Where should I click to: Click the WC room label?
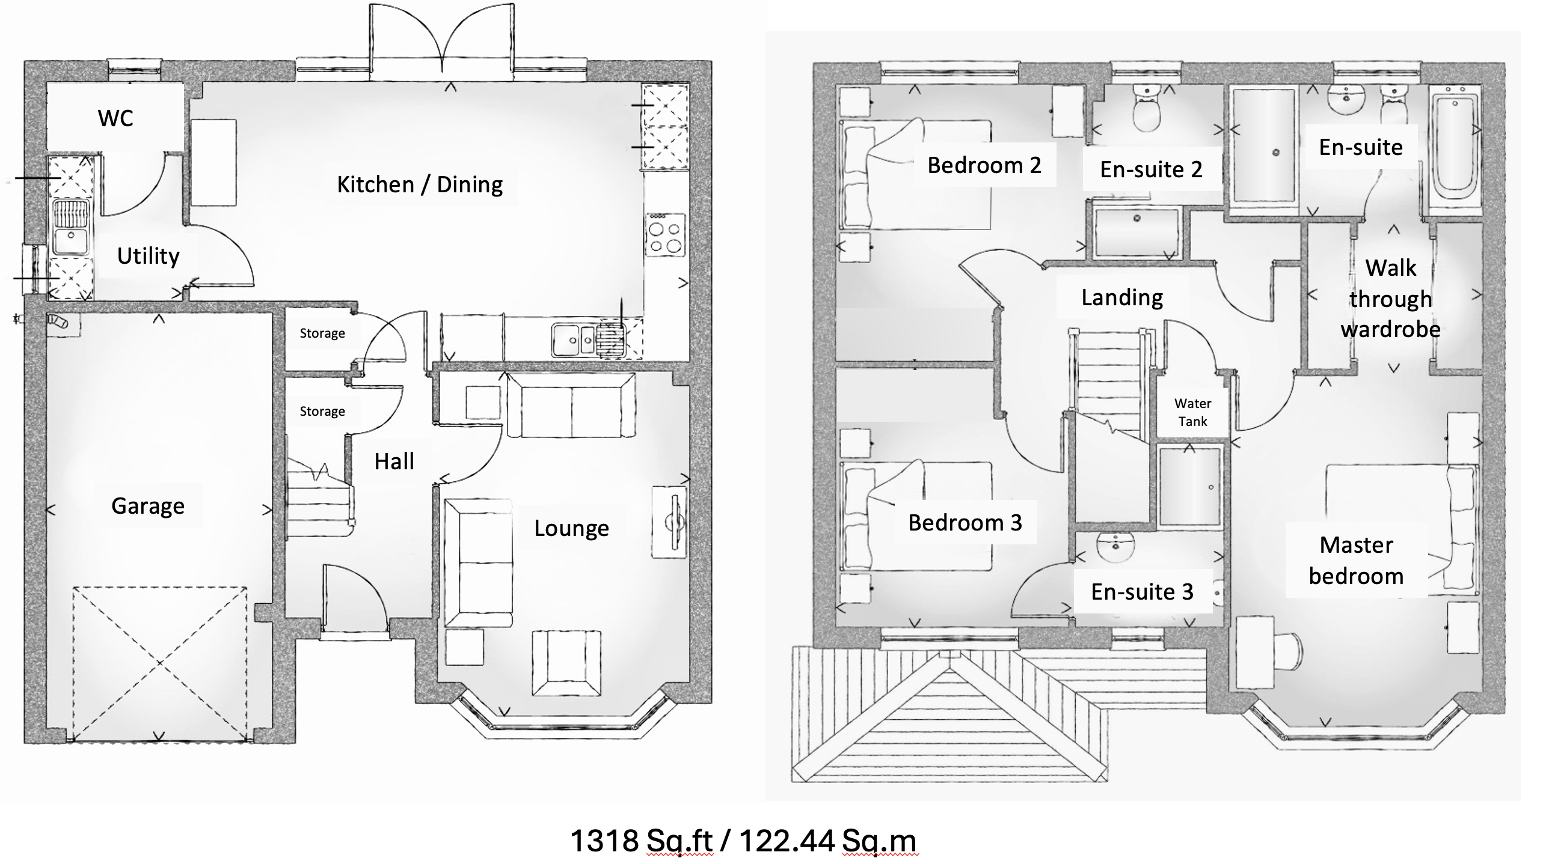[x=115, y=118]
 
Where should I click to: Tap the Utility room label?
[x=148, y=256]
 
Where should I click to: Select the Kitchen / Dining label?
[x=420, y=184]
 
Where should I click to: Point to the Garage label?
[x=148, y=506]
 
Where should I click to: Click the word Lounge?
[x=571, y=528]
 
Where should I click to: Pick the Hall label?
[x=394, y=461]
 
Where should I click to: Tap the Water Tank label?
[x=1192, y=412]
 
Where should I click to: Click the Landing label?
[x=1122, y=297]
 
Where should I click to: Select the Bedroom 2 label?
[x=984, y=165]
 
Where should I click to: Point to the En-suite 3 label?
[x=1142, y=592]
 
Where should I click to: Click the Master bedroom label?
[x=1356, y=561]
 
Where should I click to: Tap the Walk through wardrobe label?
[x=1390, y=299]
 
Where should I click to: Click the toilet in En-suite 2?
[x=1147, y=109]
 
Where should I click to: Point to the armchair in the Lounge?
[x=566, y=663]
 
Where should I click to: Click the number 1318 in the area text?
[x=604, y=841]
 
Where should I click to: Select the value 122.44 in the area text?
[x=787, y=841]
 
